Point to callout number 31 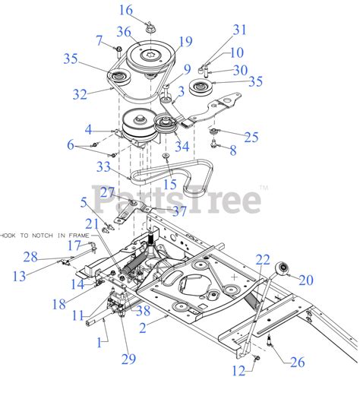tap(240, 30)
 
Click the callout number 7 tap(99, 39)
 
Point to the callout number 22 tap(263, 260)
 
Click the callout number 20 tap(306, 280)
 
